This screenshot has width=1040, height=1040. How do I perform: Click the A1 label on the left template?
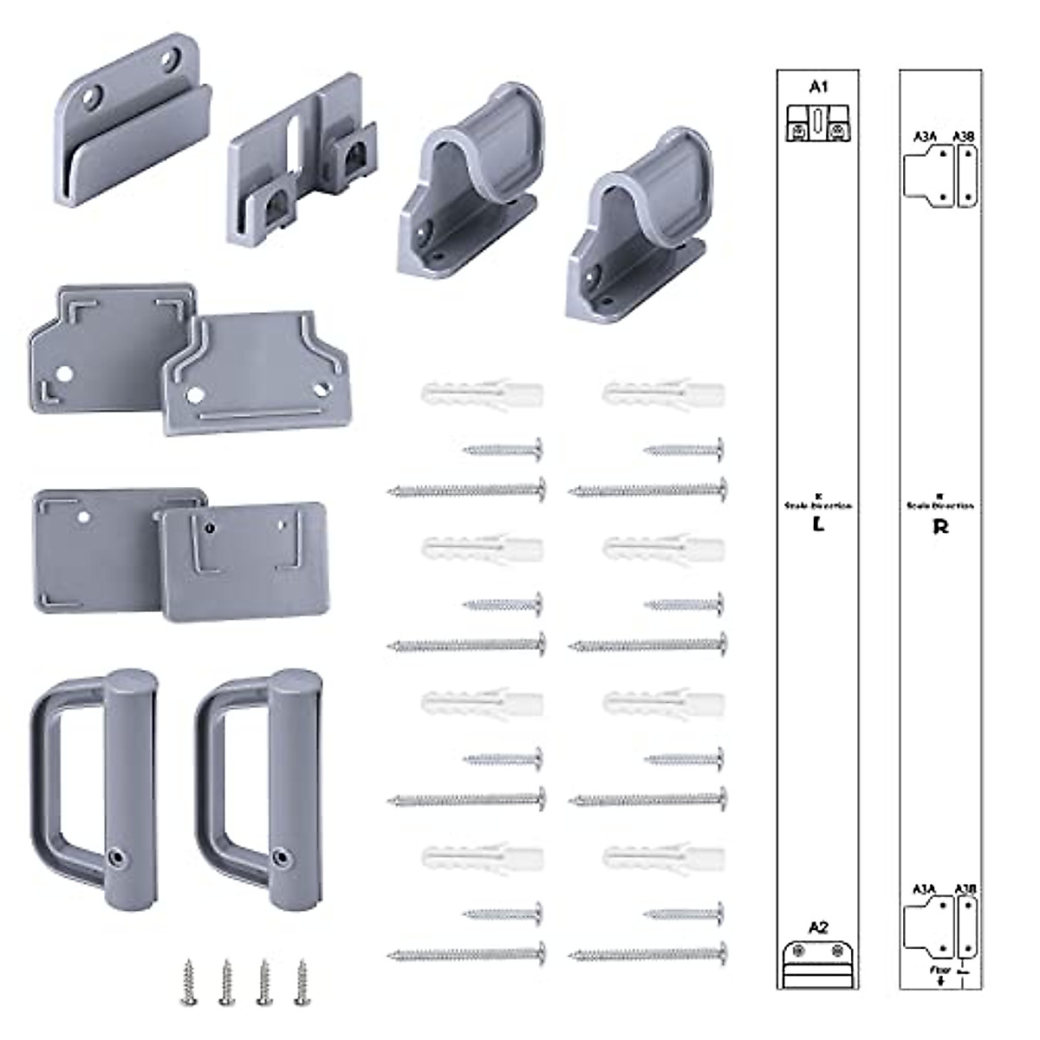tap(819, 86)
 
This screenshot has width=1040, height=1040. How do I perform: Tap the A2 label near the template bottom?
tap(818, 927)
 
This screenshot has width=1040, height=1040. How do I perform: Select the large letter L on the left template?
tap(818, 524)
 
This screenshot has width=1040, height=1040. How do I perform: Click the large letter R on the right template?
tap(940, 526)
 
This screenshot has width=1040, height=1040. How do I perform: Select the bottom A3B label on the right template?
tap(965, 888)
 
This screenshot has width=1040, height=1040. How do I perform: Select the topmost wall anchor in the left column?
tap(482, 395)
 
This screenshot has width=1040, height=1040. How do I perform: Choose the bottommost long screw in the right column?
tap(648, 954)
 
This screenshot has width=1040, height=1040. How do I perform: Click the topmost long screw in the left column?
tap(467, 491)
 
